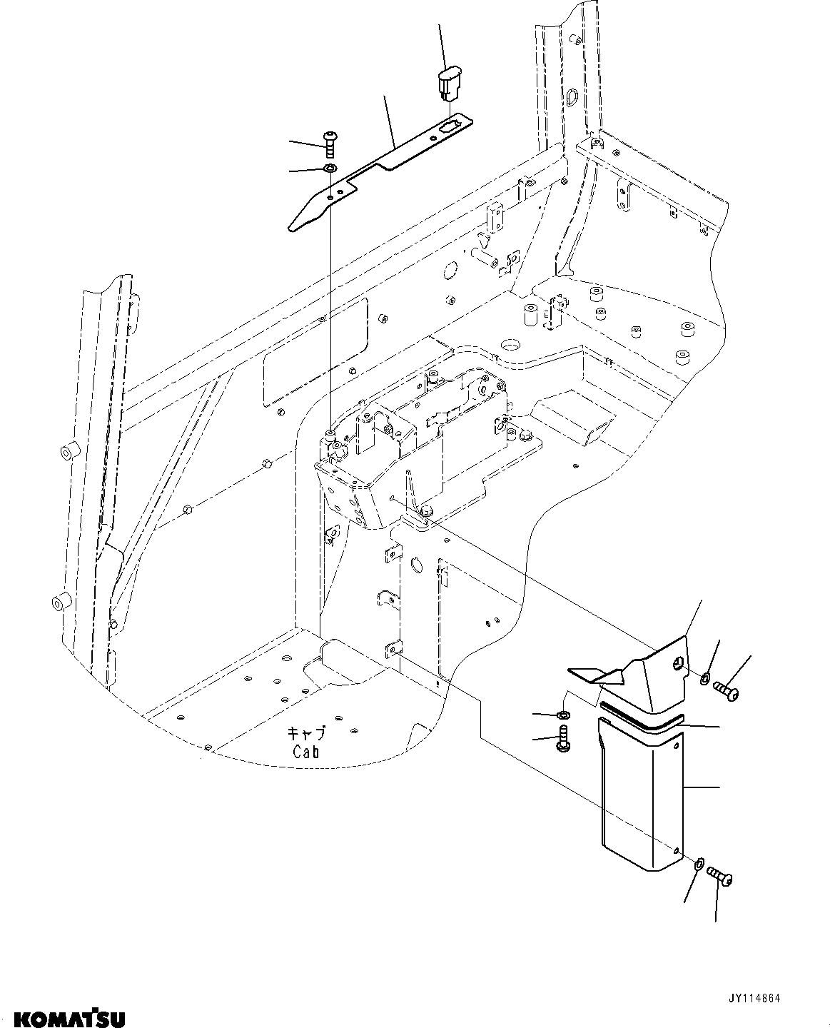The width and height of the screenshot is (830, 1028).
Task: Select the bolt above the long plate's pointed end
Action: pyautogui.click(x=330, y=142)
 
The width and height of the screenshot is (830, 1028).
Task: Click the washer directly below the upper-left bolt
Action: pyautogui.click(x=330, y=169)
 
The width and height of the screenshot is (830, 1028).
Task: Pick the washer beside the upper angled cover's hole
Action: pyautogui.click(x=705, y=677)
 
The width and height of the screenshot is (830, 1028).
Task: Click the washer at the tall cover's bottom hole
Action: pyautogui.click(x=699, y=865)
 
